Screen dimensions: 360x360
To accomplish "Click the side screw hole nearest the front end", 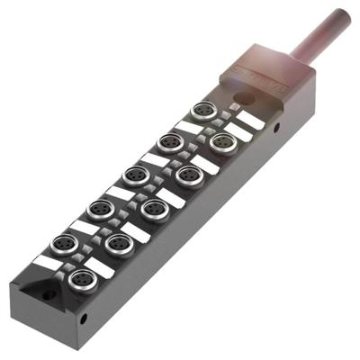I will click(84, 318).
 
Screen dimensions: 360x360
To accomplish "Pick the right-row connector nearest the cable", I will click(224, 139).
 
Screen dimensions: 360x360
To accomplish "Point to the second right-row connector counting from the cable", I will click(188, 175).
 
